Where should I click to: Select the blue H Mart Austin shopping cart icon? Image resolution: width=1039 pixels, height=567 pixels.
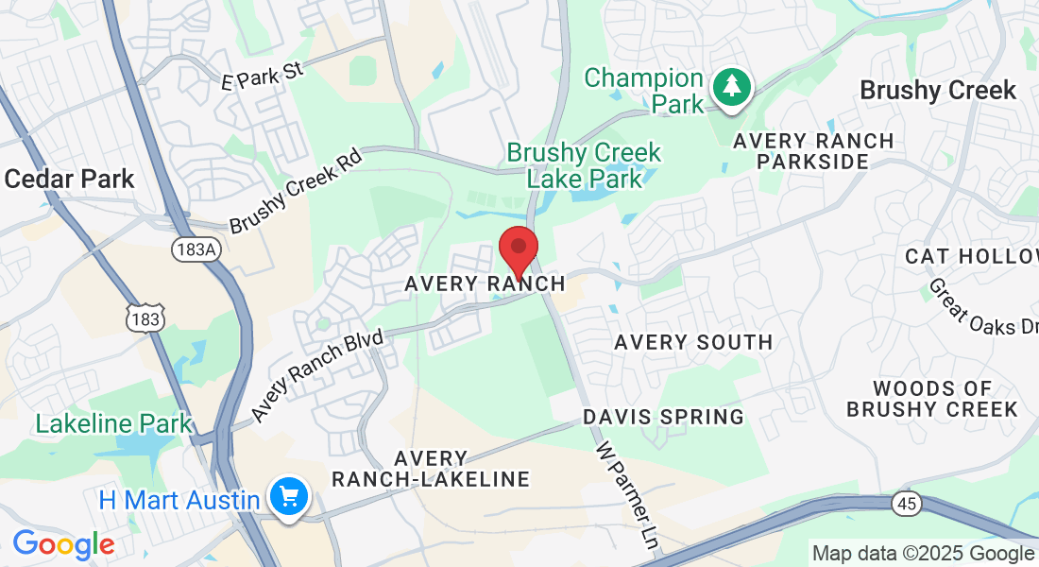(287, 495)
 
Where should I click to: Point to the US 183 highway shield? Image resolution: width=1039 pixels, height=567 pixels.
(146, 318)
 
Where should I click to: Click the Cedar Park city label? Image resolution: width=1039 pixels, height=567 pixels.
(69, 179)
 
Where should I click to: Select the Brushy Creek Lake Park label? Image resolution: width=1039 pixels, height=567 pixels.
(584, 164)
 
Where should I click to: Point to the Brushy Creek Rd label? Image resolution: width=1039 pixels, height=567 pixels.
(296, 193)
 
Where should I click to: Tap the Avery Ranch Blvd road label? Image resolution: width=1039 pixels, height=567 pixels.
(317, 376)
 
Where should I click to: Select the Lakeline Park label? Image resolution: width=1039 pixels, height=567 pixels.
(113, 423)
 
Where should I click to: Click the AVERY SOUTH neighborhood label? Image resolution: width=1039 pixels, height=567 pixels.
(693, 342)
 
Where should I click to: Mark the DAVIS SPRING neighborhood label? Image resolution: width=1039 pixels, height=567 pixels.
(663, 416)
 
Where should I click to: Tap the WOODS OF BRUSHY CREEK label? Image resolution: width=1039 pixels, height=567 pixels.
(932, 399)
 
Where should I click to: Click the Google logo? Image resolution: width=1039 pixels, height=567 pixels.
(63, 544)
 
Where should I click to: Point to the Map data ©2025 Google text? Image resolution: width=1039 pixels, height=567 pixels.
(923, 554)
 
